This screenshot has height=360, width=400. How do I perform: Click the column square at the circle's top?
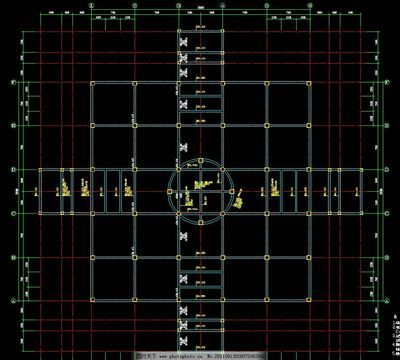[201, 158]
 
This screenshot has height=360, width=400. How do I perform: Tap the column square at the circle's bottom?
[201, 228]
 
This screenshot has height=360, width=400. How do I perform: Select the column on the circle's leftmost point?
[167, 193]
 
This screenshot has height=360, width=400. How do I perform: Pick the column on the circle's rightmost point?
[236, 193]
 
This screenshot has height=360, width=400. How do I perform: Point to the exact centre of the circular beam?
[201, 193]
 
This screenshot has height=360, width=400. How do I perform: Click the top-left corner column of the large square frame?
[91, 83]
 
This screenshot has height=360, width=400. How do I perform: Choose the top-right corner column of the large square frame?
[312, 83]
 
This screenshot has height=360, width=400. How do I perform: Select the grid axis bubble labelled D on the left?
[11, 169]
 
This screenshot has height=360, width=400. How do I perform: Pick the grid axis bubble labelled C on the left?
[11, 213]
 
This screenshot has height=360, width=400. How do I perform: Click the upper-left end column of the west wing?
[40, 169]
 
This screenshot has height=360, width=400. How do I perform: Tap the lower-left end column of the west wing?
[40, 213]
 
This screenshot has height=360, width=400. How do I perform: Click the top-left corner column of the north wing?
[179, 31]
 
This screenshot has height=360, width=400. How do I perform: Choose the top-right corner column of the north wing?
[223, 31]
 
